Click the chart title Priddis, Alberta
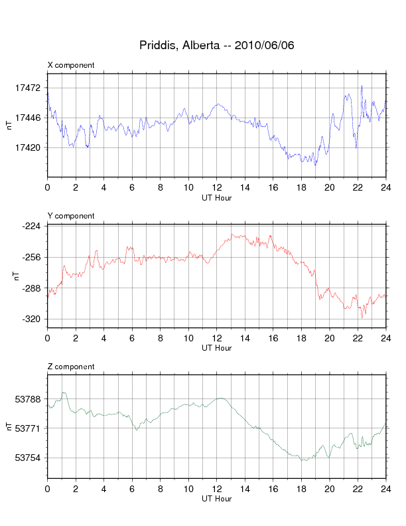click(180, 45)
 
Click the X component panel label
click(71, 65)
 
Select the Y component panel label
click(71, 216)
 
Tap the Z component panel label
click(71, 367)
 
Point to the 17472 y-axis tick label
click(28, 88)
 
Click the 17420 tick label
click(28, 147)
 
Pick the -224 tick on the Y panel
click(31, 226)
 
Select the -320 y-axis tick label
click(31, 319)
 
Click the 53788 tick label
click(28, 399)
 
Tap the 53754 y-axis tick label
click(28, 458)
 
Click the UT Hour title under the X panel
click(217, 198)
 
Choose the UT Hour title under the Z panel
click(217, 499)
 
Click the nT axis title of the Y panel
click(17, 276)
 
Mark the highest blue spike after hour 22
click(362, 86)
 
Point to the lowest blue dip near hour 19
click(315, 165)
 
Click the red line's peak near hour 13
click(232, 234)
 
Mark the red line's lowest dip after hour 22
click(362, 317)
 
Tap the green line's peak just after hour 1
click(64, 393)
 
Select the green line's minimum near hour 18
click(306, 461)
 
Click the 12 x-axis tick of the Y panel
click(217, 338)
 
